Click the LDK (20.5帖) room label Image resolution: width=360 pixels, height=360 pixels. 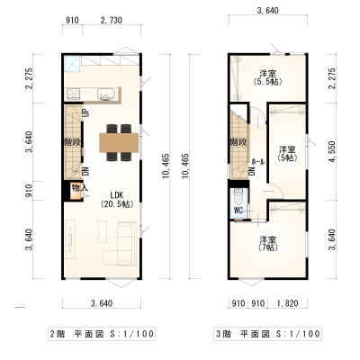click(117, 200)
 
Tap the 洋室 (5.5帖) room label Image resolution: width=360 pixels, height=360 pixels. click(268, 77)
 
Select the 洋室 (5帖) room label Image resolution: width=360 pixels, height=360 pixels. click(287, 153)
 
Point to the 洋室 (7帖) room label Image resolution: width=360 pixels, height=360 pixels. click(268, 243)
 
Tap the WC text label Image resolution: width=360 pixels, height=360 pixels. click(238, 211)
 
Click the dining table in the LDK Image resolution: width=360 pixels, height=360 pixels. click(119, 143)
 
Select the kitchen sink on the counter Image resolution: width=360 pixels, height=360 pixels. click(106, 94)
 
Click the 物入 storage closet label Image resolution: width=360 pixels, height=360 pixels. click(79, 188)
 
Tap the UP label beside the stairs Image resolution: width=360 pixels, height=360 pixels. click(86, 113)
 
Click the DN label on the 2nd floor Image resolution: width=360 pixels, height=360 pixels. click(86, 171)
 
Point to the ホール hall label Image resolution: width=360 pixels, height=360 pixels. click(258, 162)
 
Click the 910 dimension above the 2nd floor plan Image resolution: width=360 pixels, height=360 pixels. click(72, 21)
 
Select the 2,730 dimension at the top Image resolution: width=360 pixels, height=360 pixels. click(112, 21)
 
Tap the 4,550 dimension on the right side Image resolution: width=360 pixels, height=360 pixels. click(332, 152)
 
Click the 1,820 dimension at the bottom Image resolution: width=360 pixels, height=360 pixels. click(287, 303)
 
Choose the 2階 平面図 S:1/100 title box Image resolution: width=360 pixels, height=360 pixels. click(102, 334)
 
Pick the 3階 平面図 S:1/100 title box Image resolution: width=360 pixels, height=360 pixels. click(268, 334)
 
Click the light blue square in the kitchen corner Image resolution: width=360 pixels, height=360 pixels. click(72, 64)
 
